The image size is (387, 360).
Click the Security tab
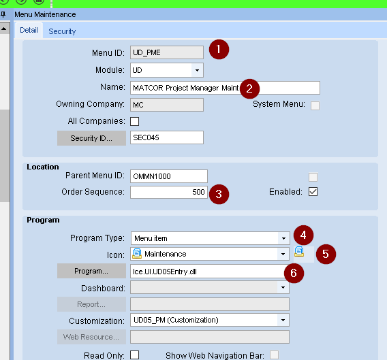pos(62,31)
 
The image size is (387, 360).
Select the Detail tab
pos(29,30)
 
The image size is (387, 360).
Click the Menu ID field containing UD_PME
pos(167,52)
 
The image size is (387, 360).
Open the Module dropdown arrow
pos(197,70)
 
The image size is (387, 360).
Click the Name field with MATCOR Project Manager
pos(225,88)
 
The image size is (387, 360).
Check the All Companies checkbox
pos(134,121)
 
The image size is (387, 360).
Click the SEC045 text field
pos(167,137)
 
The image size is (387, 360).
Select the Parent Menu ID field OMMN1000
pos(169,176)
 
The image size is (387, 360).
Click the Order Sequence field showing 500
pos(169,192)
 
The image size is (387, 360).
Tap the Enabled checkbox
pos(313,192)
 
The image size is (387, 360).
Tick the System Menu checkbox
pos(315,105)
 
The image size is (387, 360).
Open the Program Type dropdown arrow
pos(283,238)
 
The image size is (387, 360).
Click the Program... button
pos(91,271)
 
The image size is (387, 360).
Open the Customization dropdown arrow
pos(283,320)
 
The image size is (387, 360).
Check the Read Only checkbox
pos(134,355)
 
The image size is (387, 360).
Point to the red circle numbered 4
pos(304,235)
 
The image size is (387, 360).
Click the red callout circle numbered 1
pos(219,49)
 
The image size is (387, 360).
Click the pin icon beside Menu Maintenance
pos(3,14)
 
